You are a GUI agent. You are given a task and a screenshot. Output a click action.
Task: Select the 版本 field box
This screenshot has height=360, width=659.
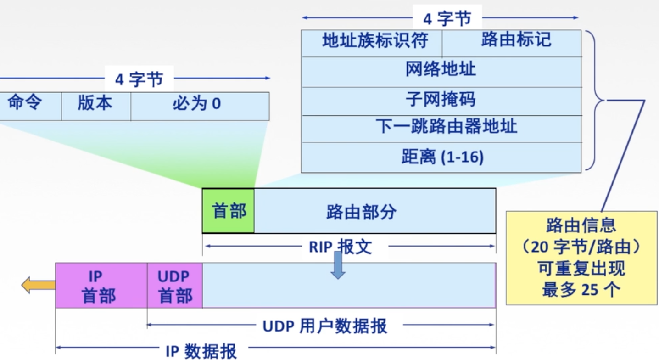point(95,105)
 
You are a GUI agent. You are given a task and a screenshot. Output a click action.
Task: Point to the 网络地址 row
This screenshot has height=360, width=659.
point(441,71)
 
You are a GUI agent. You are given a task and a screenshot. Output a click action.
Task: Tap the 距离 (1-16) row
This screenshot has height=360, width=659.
point(441,157)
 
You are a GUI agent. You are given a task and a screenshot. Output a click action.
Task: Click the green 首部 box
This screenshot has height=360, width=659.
point(228,211)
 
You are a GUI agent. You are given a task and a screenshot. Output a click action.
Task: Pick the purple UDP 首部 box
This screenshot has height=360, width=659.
point(174,285)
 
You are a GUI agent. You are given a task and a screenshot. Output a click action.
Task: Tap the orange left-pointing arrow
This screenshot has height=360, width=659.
point(38,285)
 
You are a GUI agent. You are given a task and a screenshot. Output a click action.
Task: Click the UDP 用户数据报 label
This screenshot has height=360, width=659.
point(325,326)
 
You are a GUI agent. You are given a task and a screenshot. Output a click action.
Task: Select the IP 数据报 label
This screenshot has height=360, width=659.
point(201,351)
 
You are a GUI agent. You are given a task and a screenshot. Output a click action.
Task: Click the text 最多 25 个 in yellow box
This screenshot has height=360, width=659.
point(581,290)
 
